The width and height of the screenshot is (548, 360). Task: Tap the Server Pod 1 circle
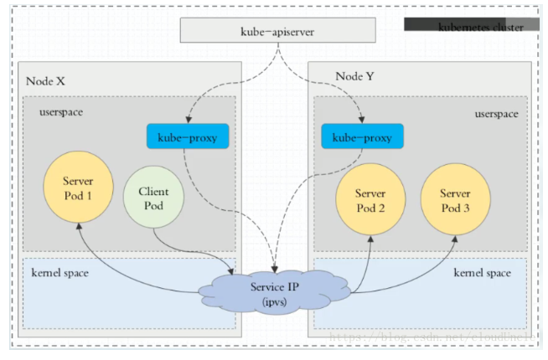coord(77,188)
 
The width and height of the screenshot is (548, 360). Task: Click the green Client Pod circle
coord(152,198)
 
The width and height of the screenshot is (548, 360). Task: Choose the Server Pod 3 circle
coord(455,199)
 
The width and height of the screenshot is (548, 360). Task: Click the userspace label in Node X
coord(61,111)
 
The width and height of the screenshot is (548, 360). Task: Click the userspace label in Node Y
coord(495,111)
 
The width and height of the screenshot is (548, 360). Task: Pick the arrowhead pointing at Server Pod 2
coord(370,238)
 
